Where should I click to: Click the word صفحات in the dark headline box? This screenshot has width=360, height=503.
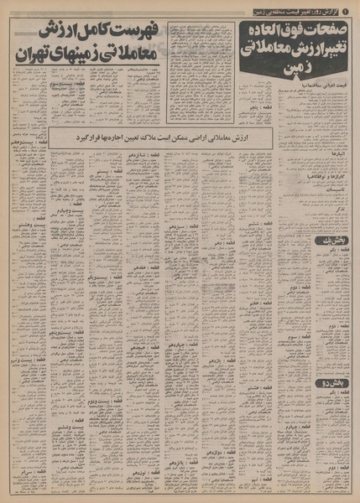pyautogui.click(x=333, y=31)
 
